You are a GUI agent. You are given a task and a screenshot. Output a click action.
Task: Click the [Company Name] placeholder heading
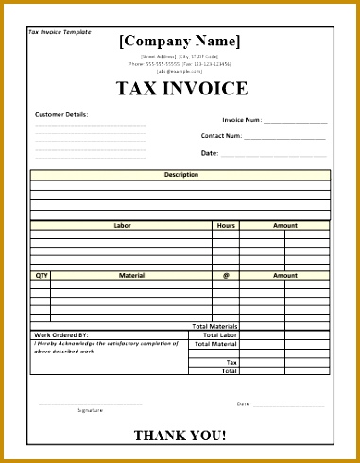[x=180, y=41]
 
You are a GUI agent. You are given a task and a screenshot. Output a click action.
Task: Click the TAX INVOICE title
[x=181, y=90]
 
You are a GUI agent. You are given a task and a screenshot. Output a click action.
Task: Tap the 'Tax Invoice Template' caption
[x=60, y=32]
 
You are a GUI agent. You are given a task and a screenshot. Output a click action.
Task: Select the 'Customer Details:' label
[x=61, y=114]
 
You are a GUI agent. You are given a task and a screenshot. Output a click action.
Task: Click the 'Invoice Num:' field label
[x=242, y=120]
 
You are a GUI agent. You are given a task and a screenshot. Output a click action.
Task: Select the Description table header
[x=180, y=175]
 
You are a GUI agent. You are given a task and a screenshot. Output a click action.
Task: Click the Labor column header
[x=122, y=226]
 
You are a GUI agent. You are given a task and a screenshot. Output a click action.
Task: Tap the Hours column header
[x=225, y=226]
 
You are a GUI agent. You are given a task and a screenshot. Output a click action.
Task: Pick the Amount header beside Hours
[x=284, y=226]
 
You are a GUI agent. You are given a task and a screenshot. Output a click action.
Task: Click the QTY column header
[x=41, y=275]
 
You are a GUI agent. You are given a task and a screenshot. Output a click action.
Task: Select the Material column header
[x=131, y=275]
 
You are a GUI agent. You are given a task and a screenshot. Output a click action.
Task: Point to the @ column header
[x=226, y=275]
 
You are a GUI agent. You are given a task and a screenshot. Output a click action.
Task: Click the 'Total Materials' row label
[x=214, y=326]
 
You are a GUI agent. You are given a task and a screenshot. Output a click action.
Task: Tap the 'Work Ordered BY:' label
[x=61, y=334]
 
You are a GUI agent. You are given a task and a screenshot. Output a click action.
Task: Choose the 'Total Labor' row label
[x=218, y=334]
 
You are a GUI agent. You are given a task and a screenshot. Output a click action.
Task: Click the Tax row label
[x=231, y=362]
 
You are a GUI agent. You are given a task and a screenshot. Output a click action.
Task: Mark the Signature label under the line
[x=91, y=410]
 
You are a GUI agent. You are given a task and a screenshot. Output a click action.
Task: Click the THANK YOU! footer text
[x=180, y=436]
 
